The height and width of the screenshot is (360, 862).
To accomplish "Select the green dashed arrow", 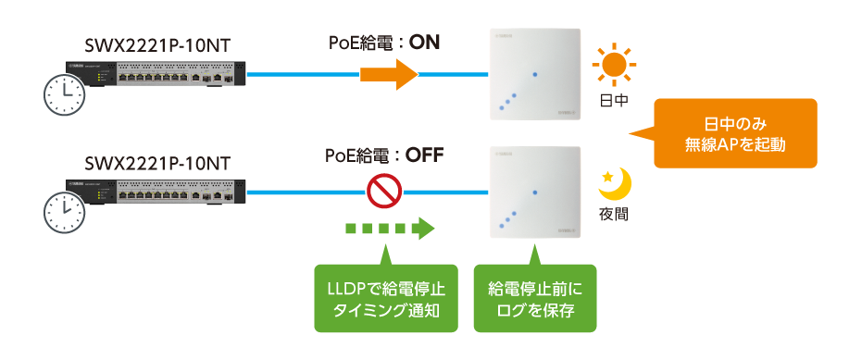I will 389,229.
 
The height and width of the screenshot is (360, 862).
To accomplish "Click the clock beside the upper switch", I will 62,94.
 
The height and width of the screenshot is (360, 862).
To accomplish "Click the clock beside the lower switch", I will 62,213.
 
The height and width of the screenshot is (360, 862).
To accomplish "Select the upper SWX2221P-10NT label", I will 156,43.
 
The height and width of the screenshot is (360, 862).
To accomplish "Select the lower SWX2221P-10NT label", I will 156,163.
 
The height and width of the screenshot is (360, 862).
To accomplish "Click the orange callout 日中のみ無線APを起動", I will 735,133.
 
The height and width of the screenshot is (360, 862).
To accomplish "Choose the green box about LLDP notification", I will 387,299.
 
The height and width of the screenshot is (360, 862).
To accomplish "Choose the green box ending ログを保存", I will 534,299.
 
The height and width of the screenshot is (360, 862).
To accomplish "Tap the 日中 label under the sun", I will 612,100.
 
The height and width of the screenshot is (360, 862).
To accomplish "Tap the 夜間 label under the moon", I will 612,214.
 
